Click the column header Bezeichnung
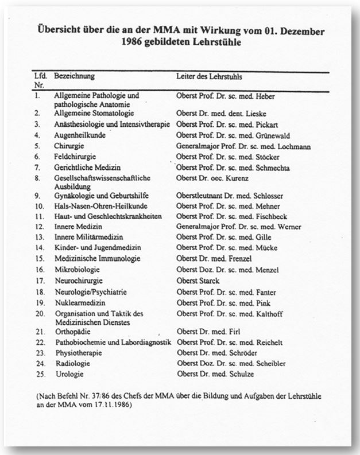tap(74, 76)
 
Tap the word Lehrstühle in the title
tap(210, 42)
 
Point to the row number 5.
tap(36, 146)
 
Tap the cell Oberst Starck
tap(198, 281)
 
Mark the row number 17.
tap(38, 281)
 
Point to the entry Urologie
tap(69, 374)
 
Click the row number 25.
tap(38, 374)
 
